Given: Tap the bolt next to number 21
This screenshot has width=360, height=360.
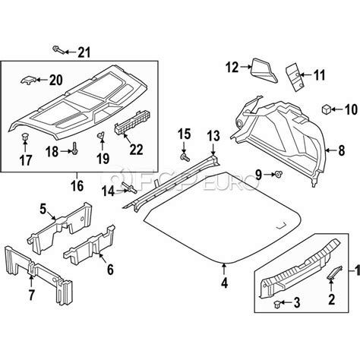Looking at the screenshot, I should click(58, 50).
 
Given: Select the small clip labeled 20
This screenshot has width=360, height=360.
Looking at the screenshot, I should click(28, 79).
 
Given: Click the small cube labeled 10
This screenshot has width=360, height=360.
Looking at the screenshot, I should click(327, 110).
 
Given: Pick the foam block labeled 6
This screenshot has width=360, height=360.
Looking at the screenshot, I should click(89, 248).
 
